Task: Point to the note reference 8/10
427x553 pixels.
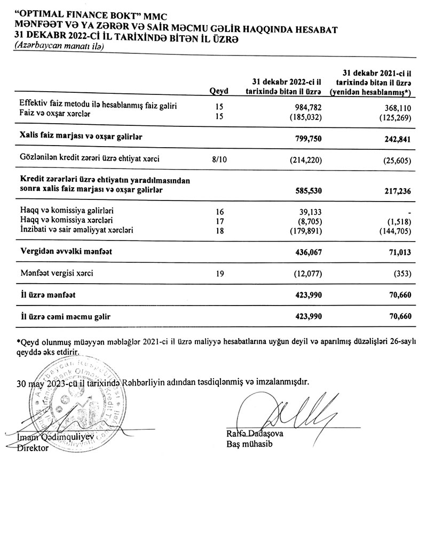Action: [219, 159]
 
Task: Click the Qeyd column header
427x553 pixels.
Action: [219, 92]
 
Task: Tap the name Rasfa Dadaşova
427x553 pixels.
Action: [255, 435]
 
